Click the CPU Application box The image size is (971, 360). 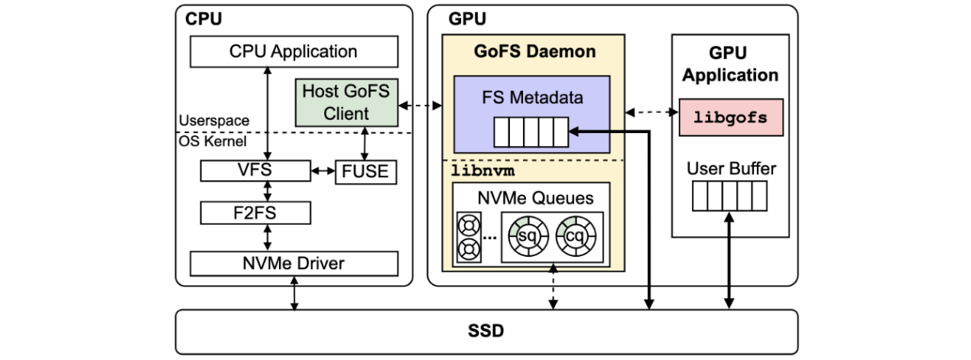[294, 52]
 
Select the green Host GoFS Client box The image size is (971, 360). [346, 102]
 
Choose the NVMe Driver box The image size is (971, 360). [294, 264]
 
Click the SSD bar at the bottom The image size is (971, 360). [486, 332]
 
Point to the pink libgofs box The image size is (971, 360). [731, 117]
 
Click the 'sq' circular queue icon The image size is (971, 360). [525, 237]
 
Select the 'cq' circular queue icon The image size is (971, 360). [575, 237]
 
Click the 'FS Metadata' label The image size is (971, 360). [532, 97]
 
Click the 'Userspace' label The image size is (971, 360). [213, 121]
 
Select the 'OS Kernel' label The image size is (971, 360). [213, 141]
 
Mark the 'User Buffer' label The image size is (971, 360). [730, 167]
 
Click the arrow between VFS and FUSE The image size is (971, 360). [323, 171]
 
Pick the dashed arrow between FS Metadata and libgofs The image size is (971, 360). [652, 113]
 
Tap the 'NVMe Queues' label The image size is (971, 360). [534, 198]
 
